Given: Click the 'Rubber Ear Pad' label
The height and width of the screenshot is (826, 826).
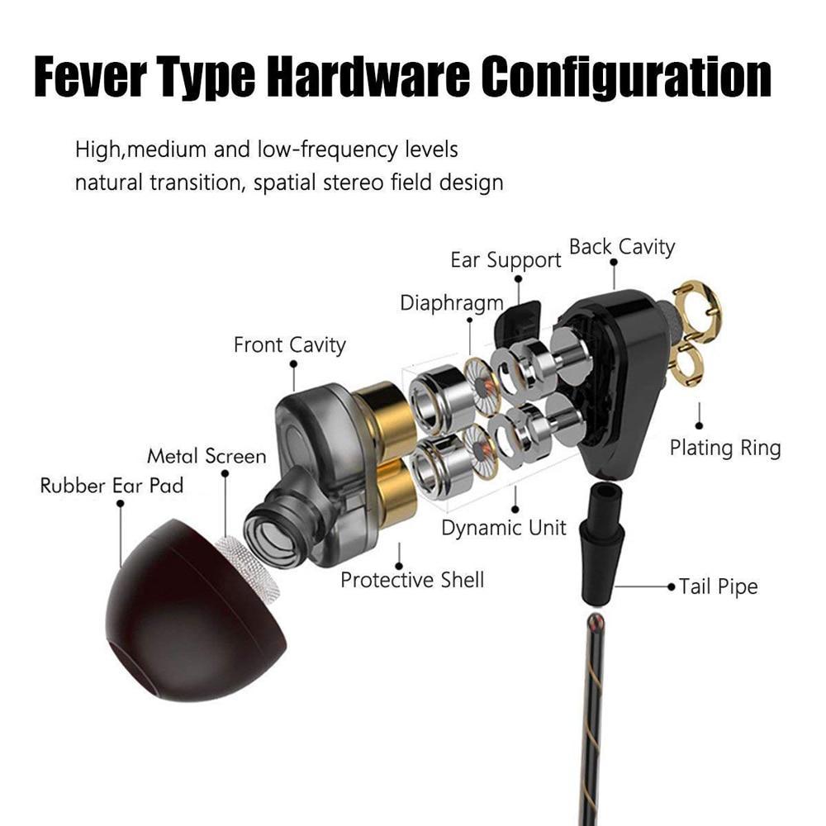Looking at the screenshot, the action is pyautogui.click(x=112, y=486).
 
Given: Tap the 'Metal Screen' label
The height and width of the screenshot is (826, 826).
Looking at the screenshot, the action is pyautogui.click(x=206, y=456).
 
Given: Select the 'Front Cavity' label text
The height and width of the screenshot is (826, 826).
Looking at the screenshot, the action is pyautogui.click(x=290, y=345).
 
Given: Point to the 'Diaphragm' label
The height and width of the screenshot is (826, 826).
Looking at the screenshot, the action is pyautogui.click(x=452, y=303).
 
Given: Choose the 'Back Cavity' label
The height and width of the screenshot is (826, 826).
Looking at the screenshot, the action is pyautogui.click(x=622, y=247).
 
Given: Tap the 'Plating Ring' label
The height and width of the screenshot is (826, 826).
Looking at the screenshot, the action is pyautogui.click(x=725, y=449).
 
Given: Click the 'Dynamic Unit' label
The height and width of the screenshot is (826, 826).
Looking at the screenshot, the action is pyautogui.click(x=504, y=528).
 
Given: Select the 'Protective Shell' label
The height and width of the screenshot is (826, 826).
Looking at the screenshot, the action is pyautogui.click(x=412, y=580).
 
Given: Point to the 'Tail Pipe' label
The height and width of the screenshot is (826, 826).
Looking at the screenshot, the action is pyautogui.click(x=718, y=586).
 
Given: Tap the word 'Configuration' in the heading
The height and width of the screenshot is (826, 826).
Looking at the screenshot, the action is pyautogui.click(x=627, y=78).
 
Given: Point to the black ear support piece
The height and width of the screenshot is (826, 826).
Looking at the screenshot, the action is pyautogui.click(x=519, y=322).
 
